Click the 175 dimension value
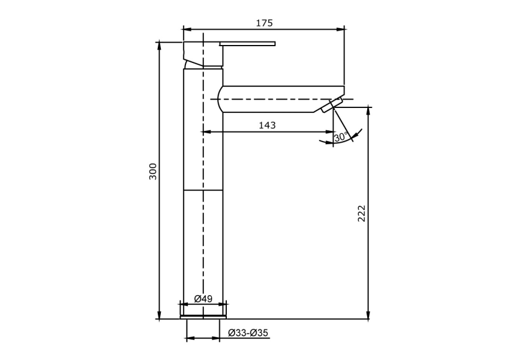[x=264, y=23]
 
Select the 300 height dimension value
[x=153, y=172]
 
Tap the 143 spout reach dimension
[x=267, y=125]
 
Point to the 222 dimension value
[x=362, y=214]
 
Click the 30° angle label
[x=341, y=137]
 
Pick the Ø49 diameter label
[x=203, y=299]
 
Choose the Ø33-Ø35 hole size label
[x=248, y=333]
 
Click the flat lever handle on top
[x=247, y=44]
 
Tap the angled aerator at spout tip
[x=332, y=105]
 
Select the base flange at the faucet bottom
[x=203, y=317]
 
